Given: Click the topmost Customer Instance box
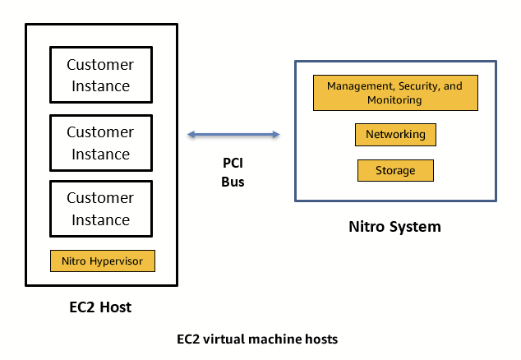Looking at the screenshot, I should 99,75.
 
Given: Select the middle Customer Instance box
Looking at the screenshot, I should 99,142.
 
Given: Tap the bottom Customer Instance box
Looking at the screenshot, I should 99,208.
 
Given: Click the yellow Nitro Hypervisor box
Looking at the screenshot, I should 103,261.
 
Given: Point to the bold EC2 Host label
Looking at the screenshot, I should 99,307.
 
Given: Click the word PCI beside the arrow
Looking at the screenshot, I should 233,164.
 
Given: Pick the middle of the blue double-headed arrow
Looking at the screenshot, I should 233,134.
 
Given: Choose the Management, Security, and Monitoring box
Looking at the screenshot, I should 394,93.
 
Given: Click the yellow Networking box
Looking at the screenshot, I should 395,134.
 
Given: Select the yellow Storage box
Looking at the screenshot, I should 395,170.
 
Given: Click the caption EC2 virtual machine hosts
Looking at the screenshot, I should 257,339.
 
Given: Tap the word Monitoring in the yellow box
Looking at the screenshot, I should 394,100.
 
